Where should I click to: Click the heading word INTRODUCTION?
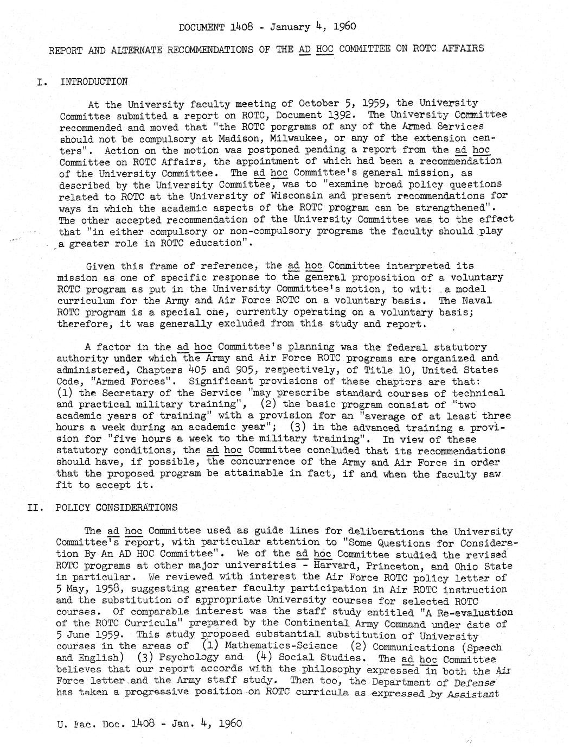point(94,82)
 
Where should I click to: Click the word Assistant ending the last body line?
point(479,693)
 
